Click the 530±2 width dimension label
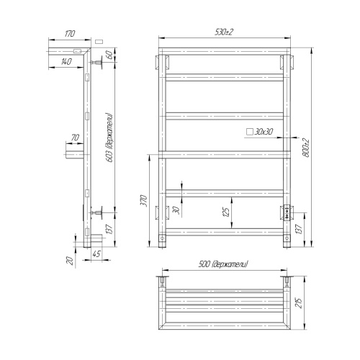[x=225, y=32]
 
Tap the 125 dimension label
[x=225, y=212]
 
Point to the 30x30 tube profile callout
[x=264, y=132]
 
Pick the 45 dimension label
[x=96, y=253]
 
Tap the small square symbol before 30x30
[x=249, y=132]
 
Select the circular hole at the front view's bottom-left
[x=162, y=236]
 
